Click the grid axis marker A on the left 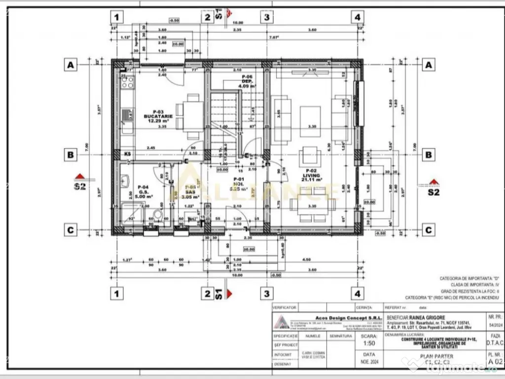point(71,65)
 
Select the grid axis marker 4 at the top point(357,17)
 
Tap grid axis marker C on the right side point(429,229)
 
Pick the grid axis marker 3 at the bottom point(267,294)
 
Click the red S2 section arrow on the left point(78,176)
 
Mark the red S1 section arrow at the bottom point(228,295)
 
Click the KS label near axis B point(127,154)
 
